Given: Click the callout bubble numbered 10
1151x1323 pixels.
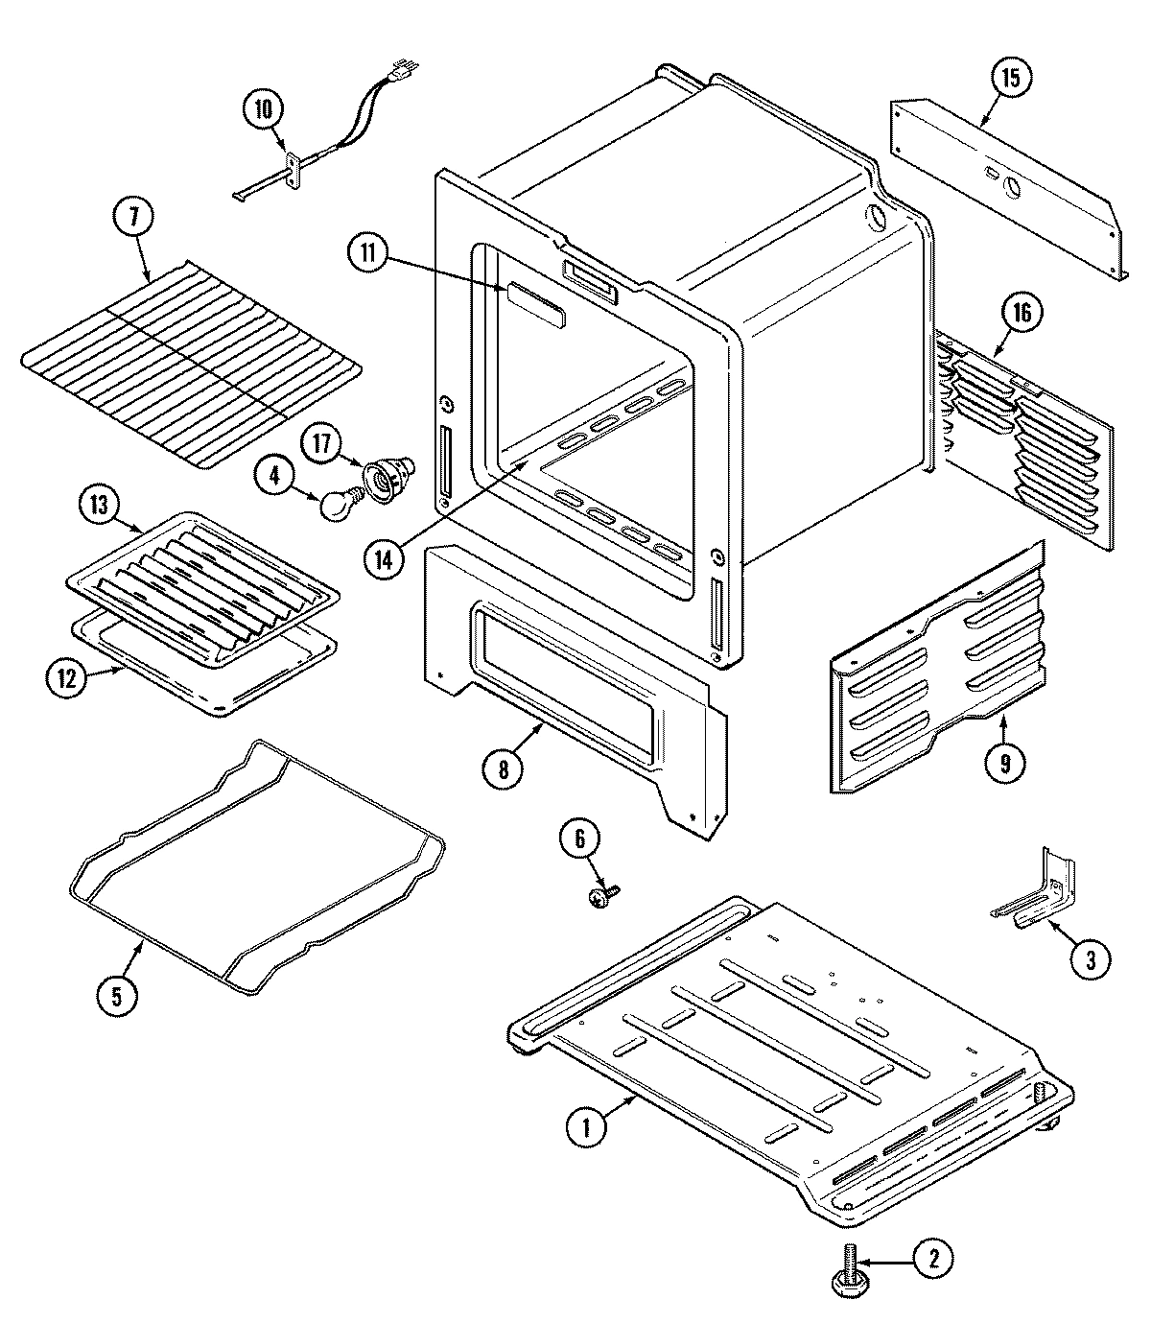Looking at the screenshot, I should (263, 108).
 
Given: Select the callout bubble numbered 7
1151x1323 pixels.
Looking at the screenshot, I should (133, 218).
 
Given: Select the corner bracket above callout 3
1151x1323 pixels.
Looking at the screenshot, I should (1041, 887).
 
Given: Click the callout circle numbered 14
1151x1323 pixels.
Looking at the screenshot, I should (384, 560).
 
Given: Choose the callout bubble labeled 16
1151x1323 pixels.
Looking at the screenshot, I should (1022, 312).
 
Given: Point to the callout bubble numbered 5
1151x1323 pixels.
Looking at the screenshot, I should (115, 995).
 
